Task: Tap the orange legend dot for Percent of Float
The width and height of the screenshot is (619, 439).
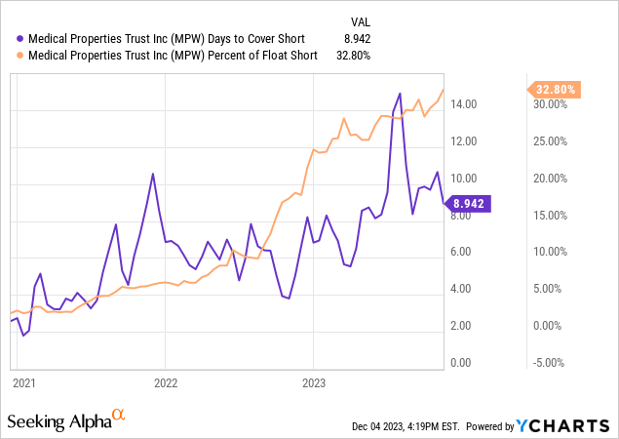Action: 10,56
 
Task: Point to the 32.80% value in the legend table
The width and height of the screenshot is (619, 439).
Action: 352,56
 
